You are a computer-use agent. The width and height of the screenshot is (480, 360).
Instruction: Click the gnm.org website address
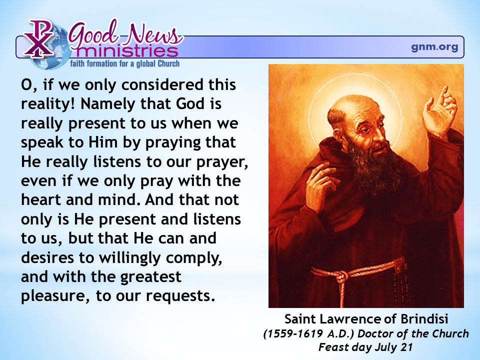coord(434,47)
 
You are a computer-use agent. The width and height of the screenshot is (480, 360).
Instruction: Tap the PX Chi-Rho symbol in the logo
coord(39,38)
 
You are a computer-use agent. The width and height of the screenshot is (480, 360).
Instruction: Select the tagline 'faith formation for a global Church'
coord(125,63)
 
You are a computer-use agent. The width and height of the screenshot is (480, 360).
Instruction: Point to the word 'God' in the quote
coord(190,104)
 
